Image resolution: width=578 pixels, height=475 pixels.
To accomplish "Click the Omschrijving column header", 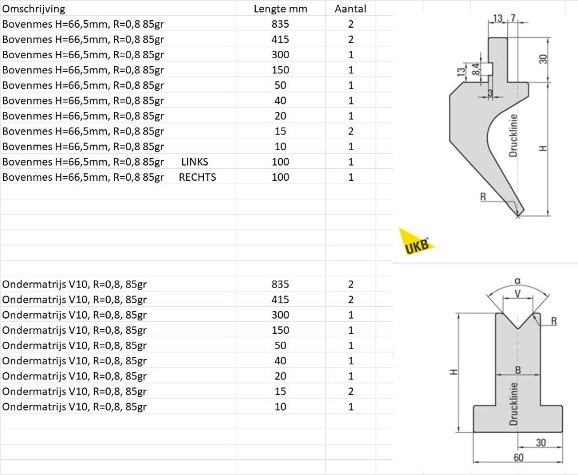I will [33, 8].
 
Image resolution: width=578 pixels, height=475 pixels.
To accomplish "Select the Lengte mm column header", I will [280, 8].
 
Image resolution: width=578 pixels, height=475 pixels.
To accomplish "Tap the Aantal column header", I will [350, 8].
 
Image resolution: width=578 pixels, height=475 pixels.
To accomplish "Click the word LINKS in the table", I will [195, 162].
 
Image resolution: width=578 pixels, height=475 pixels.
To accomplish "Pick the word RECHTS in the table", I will [197, 177].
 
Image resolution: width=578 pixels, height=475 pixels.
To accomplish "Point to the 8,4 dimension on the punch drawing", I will [476, 69].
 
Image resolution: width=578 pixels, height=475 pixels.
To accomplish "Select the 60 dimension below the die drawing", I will [518, 457].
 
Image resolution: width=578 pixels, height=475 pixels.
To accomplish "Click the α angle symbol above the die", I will [518, 281].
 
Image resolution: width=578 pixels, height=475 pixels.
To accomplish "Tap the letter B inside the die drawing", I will [518, 369].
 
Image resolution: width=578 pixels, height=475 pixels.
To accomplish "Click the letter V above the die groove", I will [518, 293].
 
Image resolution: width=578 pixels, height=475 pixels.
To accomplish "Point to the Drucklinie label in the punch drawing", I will [513, 136].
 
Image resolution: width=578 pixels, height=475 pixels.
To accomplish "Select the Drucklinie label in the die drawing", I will [513, 403].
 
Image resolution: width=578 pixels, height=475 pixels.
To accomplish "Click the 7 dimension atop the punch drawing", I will [513, 19].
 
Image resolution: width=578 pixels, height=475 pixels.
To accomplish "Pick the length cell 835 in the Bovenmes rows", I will [280, 24].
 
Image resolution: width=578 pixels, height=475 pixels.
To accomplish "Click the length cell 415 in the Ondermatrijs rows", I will [280, 299].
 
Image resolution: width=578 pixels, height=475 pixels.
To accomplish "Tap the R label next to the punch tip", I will [483, 197].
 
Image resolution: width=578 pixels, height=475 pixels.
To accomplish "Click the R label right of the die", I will [554, 321].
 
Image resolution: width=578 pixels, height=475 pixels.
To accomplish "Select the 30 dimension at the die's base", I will [540, 442].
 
